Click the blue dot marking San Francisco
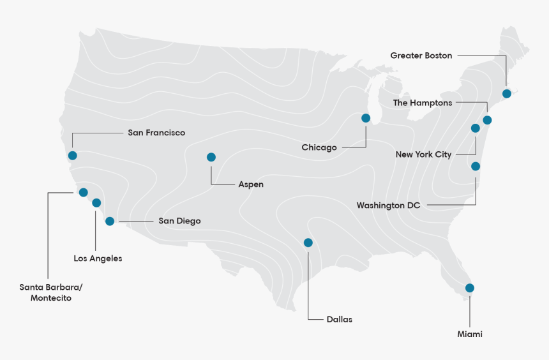[72, 155]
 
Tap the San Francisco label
[156, 133]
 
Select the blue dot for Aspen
[211, 157]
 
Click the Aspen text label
[251, 184]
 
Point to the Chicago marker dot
[366, 118]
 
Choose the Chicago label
[319, 147]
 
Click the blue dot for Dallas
[308, 243]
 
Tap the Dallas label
[339, 319]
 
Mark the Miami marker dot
[470, 288]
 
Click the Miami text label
[470, 334]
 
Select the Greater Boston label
[421, 56]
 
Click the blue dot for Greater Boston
[507, 93]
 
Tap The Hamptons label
[423, 103]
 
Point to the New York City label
[423, 154]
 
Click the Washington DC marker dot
[476, 167]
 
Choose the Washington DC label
[389, 206]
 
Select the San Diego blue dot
[110, 221]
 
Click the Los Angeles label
[98, 259]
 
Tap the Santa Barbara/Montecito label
[51, 292]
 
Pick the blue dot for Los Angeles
[96, 203]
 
